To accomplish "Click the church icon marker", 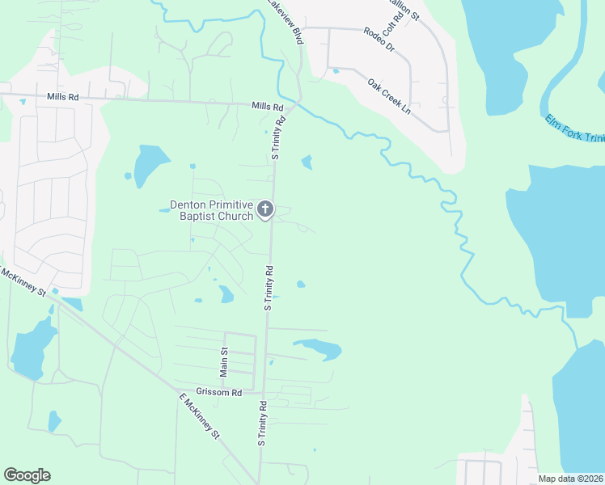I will (x=264, y=211).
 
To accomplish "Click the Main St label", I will (x=225, y=361).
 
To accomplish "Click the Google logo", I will (x=27, y=475).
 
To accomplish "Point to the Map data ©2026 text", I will (x=571, y=479).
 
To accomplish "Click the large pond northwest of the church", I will (x=147, y=166).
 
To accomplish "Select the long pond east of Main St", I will (x=320, y=348).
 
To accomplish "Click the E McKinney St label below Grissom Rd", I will (x=199, y=416).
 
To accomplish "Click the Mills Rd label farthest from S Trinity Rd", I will (x=62, y=97).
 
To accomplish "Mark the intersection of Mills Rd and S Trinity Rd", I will (x=290, y=104).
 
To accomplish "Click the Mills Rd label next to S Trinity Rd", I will (x=268, y=107).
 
